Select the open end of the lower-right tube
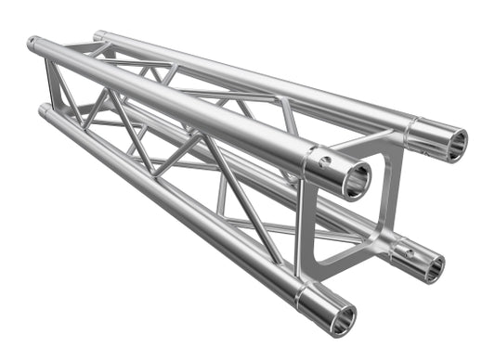coord(432,265)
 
